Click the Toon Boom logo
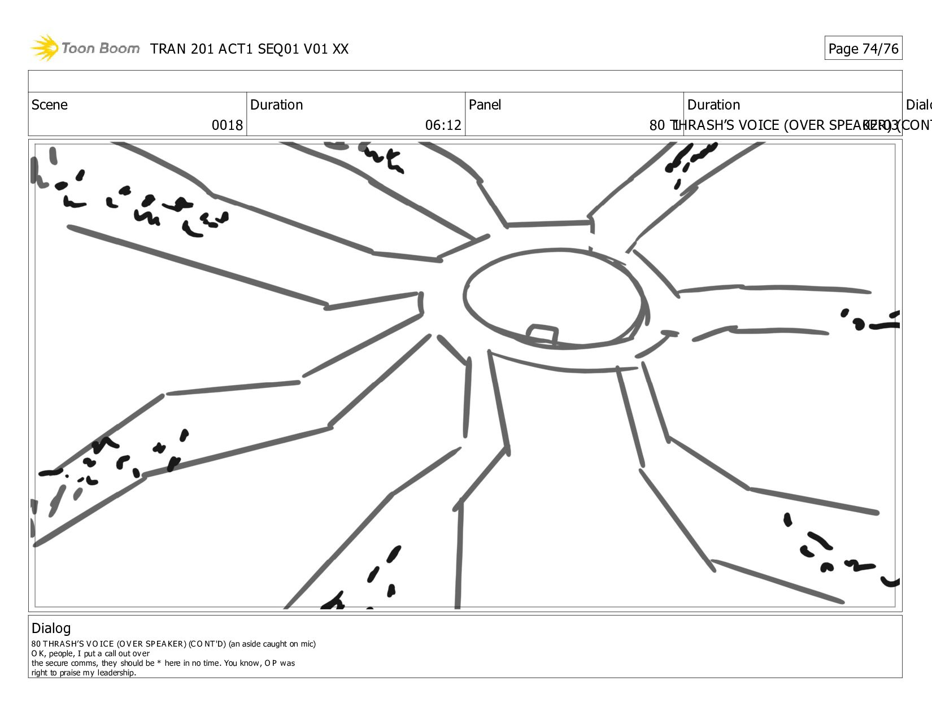pos(85,48)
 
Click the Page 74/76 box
pos(863,49)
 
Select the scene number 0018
pos(227,125)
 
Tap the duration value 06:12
pos(443,125)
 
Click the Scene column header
pos(50,105)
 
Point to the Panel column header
pos(485,105)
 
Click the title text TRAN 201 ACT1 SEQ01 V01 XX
pos(249,49)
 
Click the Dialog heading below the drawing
pos(51,628)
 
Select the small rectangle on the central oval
pos(542,334)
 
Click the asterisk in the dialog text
pos(159,663)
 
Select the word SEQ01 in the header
pos(278,49)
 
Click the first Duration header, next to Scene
pos(276,105)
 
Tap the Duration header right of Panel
pos(713,105)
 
